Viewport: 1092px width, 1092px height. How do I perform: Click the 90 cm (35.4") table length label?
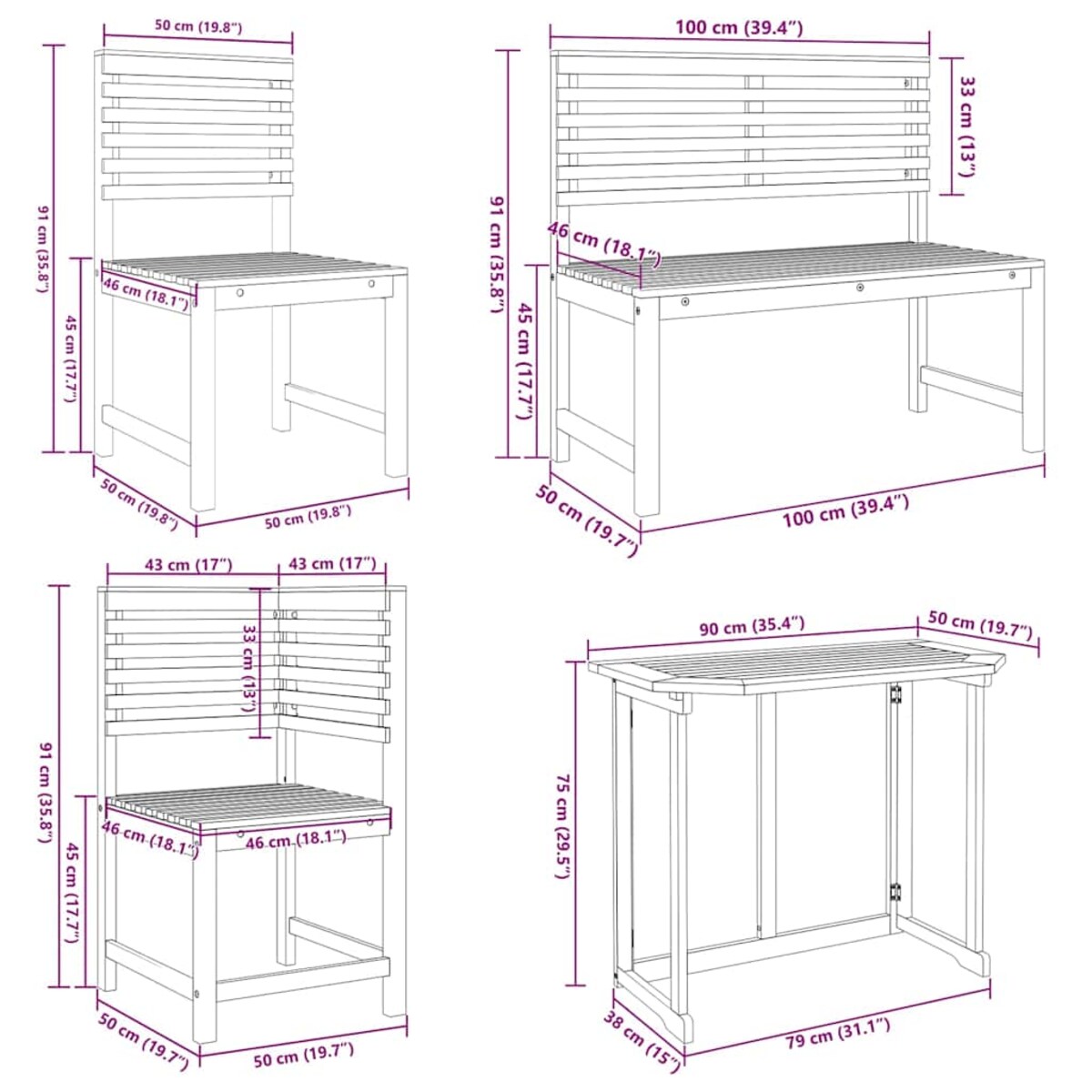coord(752,627)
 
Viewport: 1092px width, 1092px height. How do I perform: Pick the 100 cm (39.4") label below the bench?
coord(845,511)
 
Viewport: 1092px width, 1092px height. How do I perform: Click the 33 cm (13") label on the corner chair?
coord(248,669)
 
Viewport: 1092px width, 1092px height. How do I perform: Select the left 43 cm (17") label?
coord(188,564)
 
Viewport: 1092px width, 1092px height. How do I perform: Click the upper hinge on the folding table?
coord(896,695)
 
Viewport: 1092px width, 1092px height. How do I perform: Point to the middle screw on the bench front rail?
coord(861,288)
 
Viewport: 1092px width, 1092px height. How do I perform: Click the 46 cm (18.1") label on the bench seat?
coord(604,244)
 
